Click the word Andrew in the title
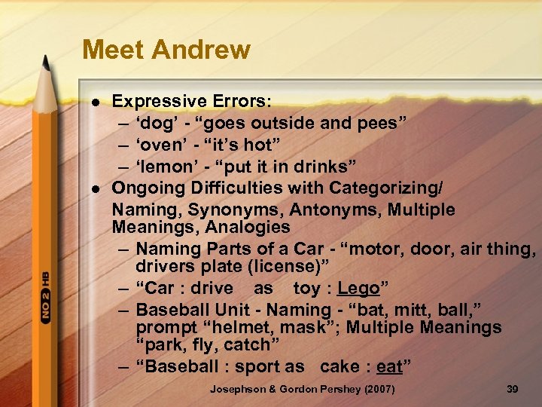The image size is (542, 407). (201, 50)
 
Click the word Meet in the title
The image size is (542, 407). (115, 50)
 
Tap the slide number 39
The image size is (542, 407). (513, 388)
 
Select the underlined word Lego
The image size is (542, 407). (358, 288)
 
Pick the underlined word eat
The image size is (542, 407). (390, 367)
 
